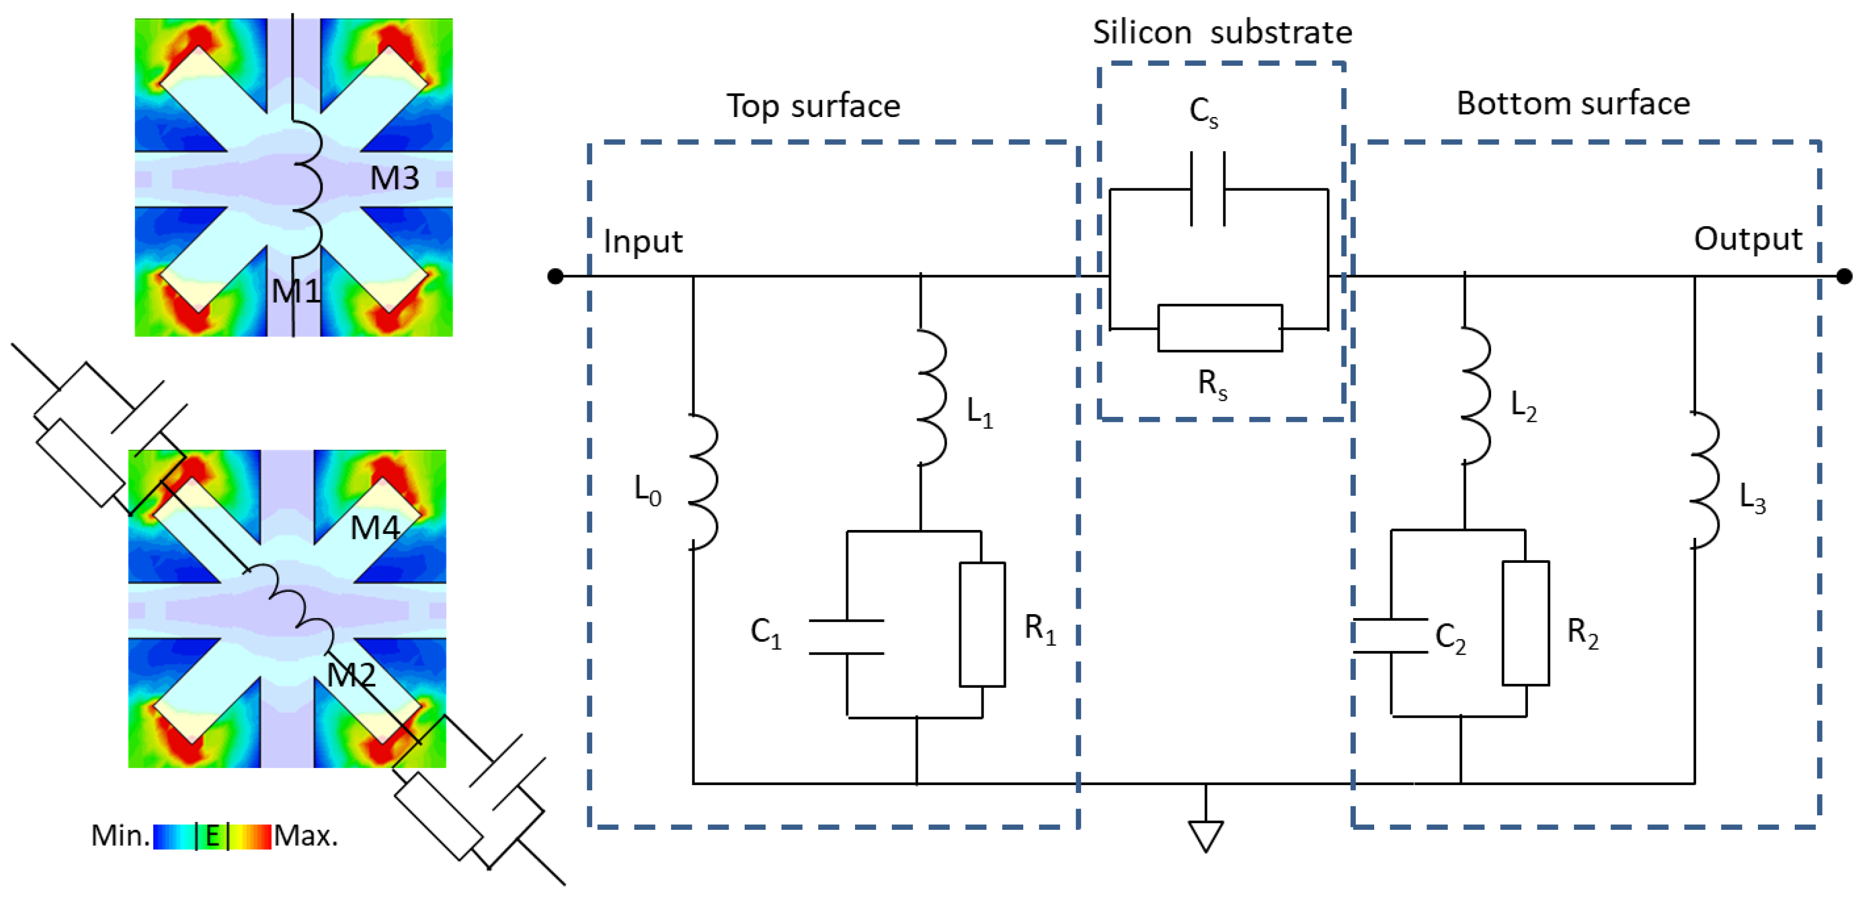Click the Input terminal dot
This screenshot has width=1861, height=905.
[x=555, y=276]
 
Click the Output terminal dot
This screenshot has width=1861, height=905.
[x=1844, y=276]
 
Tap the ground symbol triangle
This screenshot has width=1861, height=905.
[x=1205, y=835]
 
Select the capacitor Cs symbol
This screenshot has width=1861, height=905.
[x=1207, y=189]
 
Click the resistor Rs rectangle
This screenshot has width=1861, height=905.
[x=1219, y=328]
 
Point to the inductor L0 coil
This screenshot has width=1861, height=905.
[x=702, y=482]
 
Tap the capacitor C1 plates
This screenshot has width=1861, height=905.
[x=846, y=637]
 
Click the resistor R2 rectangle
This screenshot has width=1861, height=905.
[x=1525, y=623]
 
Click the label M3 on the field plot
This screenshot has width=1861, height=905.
[x=394, y=178]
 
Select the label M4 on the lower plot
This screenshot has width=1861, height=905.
[x=374, y=528]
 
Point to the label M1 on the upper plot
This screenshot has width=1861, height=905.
[x=295, y=292]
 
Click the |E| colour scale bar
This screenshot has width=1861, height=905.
[x=212, y=836]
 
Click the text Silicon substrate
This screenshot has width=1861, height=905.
[x=1222, y=32]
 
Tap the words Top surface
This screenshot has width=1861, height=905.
[x=813, y=106]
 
